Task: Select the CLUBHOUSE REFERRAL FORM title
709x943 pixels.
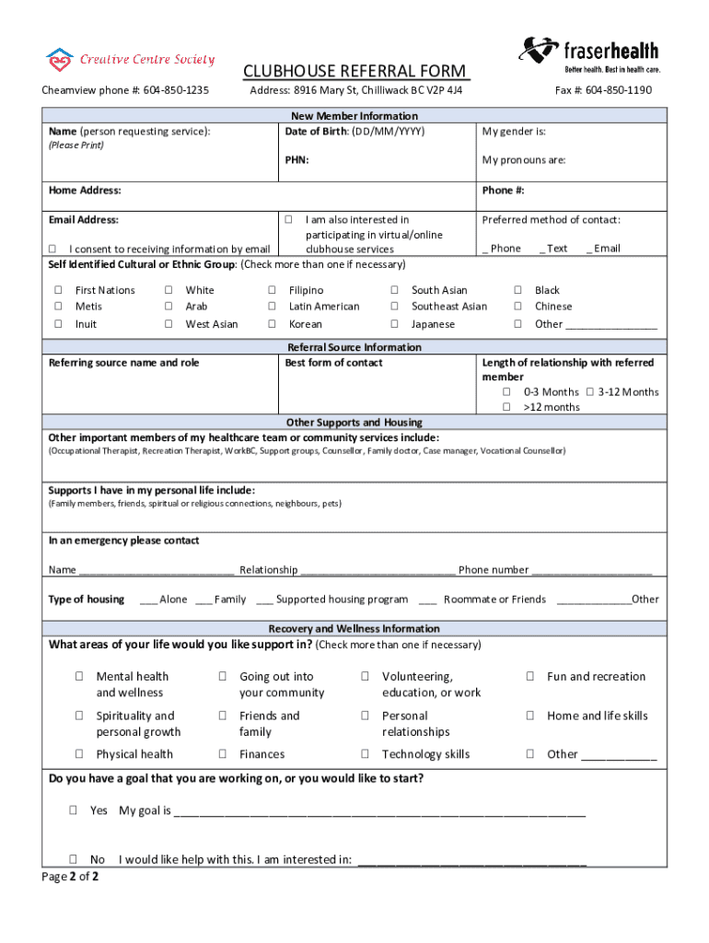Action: pyautogui.click(x=354, y=72)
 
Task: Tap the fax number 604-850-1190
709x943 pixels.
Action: pyautogui.click(x=617, y=90)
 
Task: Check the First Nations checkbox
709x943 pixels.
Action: pyautogui.click(x=58, y=290)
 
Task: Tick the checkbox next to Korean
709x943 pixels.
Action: pyautogui.click(x=272, y=324)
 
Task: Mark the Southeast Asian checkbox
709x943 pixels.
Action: pyautogui.click(x=394, y=307)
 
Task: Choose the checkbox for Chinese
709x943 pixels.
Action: pyautogui.click(x=517, y=307)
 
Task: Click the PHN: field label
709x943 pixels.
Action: pyautogui.click(x=296, y=160)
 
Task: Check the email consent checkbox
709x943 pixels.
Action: pyautogui.click(x=52, y=250)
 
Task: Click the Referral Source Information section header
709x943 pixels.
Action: pyautogui.click(x=354, y=347)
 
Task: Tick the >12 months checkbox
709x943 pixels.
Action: pyautogui.click(x=506, y=407)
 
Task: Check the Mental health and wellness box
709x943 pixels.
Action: pyautogui.click(x=79, y=677)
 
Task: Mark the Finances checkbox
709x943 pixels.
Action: pyautogui.click(x=223, y=754)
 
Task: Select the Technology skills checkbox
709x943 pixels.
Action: pyautogui.click(x=366, y=754)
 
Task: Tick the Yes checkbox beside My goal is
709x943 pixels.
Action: pyautogui.click(x=72, y=811)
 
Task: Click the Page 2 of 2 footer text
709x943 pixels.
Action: pyautogui.click(x=71, y=877)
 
